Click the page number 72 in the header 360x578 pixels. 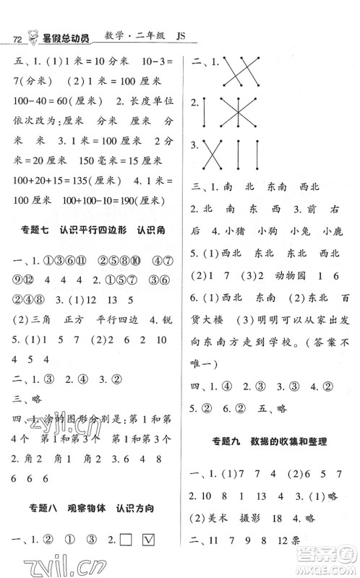pyautogui.click(x=10, y=38)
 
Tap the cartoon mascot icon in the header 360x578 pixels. pyautogui.click(x=32, y=35)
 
